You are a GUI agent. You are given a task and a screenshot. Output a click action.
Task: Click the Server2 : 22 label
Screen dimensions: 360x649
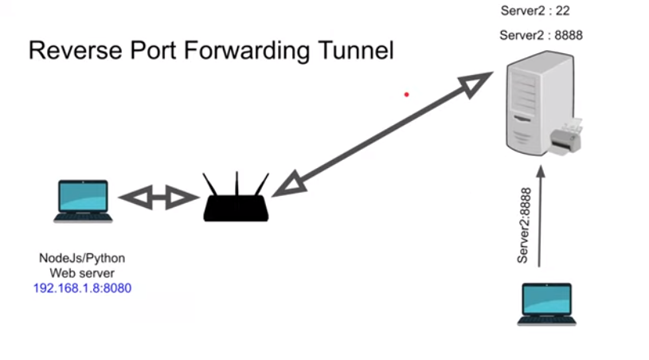tap(535, 10)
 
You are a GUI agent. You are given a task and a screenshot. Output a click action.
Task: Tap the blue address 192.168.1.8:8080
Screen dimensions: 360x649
tap(82, 288)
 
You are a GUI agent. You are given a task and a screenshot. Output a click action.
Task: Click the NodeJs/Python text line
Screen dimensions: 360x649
tap(82, 259)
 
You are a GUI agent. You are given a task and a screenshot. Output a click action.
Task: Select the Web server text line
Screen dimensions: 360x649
tap(82, 273)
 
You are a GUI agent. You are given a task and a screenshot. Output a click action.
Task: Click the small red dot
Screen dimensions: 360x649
tap(406, 95)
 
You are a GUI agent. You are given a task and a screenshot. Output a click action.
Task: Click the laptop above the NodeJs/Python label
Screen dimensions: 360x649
tap(83, 201)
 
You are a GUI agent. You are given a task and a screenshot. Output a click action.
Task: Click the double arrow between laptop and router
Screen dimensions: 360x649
tap(158, 197)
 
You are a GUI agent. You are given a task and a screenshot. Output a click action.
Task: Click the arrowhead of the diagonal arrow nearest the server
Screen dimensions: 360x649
tap(479, 83)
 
